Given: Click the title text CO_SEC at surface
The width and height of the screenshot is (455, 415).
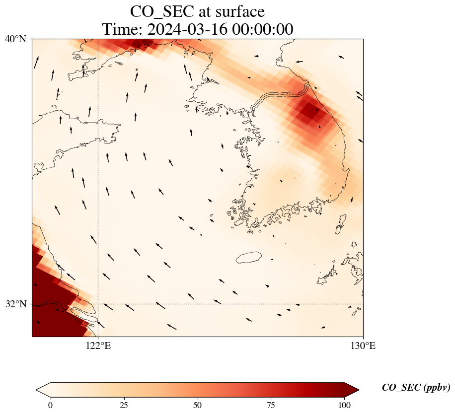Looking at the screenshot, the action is click(x=197, y=11).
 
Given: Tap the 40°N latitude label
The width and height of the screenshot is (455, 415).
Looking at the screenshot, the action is click(x=15, y=39).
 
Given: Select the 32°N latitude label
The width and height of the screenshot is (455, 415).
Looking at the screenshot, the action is click(x=15, y=304).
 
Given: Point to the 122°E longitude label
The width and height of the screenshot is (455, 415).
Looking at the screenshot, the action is click(x=98, y=346).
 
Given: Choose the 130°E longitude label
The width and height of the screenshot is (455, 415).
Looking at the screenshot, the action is click(x=363, y=346).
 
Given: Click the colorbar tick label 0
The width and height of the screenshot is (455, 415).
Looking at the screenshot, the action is click(x=51, y=405).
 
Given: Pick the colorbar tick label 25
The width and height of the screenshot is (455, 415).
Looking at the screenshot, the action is click(x=124, y=405).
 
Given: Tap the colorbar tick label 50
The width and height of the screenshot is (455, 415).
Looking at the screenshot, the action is click(x=197, y=405).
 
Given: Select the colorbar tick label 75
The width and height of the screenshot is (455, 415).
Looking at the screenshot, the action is click(x=271, y=405).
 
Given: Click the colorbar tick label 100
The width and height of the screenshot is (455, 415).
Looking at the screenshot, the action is click(x=344, y=405).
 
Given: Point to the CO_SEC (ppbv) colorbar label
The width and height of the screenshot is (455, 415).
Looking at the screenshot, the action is click(x=416, y=388).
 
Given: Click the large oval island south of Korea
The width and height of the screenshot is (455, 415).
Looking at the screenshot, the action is click(x=249, y=258).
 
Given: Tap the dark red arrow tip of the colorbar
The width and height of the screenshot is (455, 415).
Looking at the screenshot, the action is click(x=352, y=390).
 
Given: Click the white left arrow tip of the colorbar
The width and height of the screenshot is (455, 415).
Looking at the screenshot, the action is click(x=43, y=390).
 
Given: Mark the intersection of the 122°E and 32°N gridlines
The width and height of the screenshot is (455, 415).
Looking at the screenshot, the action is click(x=98, y=304).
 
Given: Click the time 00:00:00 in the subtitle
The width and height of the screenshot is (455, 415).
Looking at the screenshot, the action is click(x=263, y=29).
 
